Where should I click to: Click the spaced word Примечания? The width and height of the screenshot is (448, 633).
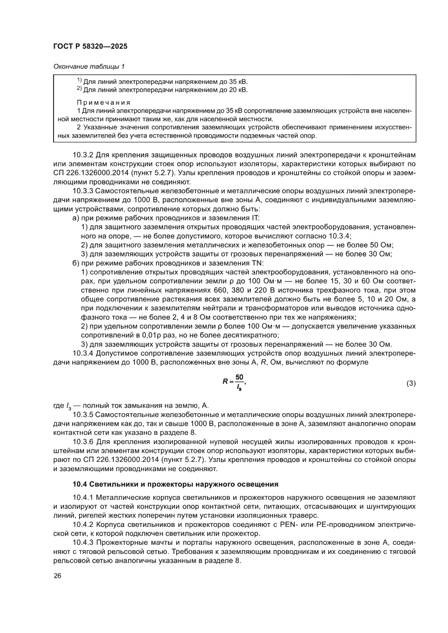103,102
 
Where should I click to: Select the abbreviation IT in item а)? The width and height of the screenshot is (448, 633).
255,217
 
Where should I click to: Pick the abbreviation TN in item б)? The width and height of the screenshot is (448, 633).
257,262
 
